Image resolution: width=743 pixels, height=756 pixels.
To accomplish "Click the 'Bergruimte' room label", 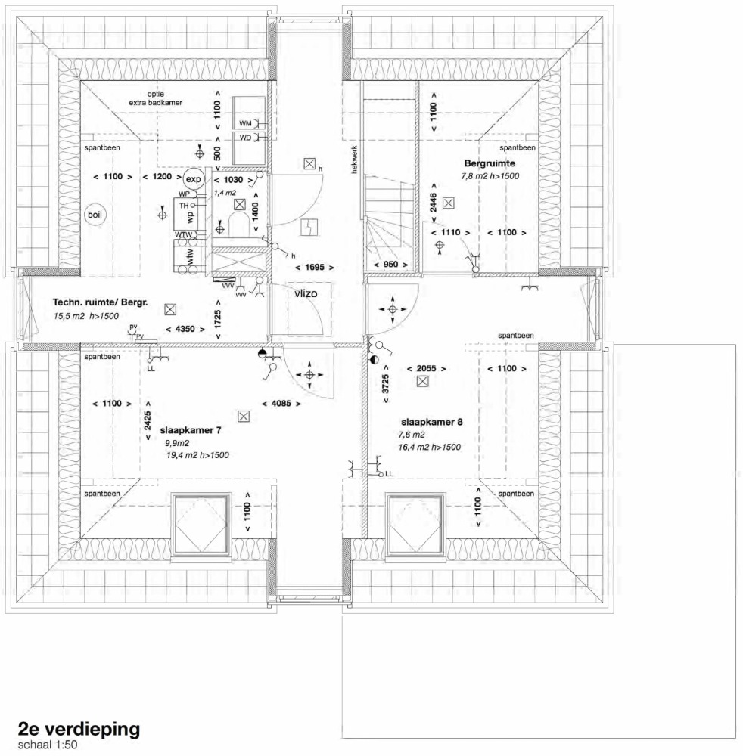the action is click(490, 163).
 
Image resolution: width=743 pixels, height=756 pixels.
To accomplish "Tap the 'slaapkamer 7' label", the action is click(191, 430).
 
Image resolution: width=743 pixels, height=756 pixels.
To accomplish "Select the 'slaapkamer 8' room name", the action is click(432, 422).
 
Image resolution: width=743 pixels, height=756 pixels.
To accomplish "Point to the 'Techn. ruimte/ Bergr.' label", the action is click(100, 303).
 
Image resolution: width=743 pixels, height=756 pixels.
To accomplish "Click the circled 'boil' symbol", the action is click(95, 215).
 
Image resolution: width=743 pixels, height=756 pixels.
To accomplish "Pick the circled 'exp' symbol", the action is click(194, 179).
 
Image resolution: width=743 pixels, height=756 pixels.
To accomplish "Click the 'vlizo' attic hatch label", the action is click(306, 293).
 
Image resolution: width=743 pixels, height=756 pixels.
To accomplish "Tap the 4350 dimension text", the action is click(185, 330).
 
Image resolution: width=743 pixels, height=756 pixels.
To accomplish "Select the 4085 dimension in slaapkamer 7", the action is click(281, 403).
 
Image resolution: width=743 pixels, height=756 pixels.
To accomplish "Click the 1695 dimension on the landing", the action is click(315, 267).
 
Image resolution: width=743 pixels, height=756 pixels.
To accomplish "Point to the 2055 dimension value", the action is click(426, 369).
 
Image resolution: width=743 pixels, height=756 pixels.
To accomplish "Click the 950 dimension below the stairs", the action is click(391, 265).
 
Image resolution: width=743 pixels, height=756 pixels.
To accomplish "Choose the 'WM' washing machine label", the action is click(246, 123).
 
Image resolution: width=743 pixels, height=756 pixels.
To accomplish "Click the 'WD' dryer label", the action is click(246, 138).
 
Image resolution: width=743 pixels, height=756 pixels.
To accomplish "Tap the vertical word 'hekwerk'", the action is click(355, 160).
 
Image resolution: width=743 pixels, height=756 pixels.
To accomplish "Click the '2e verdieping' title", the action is click(79, 729).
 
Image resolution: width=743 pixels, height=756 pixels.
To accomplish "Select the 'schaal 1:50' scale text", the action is click(48, 745).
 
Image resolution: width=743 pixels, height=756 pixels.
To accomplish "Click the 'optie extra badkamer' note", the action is click(155, 98).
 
